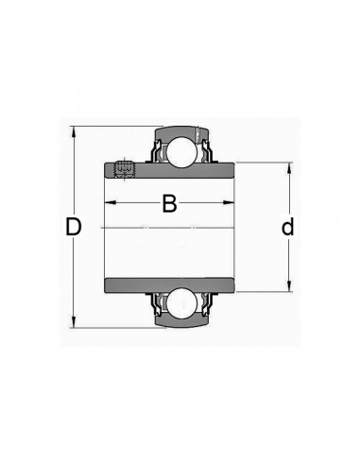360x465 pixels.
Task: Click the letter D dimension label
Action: (x=73, y=227)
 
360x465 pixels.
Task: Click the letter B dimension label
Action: (x=169, y=203)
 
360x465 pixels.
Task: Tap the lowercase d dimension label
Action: (x=287, y=226)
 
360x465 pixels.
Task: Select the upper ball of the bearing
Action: (x=181, y=152)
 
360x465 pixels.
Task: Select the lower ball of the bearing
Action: (x=181, y=303)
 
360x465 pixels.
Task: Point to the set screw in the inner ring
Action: (x=124, y=168)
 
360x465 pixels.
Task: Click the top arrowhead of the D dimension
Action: (x=74, y=131)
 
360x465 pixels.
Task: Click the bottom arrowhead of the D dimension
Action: (x=74, y=322)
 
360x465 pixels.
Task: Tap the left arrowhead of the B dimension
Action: (x=111, y=202)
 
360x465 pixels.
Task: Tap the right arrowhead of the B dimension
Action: (x=229, y=202)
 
